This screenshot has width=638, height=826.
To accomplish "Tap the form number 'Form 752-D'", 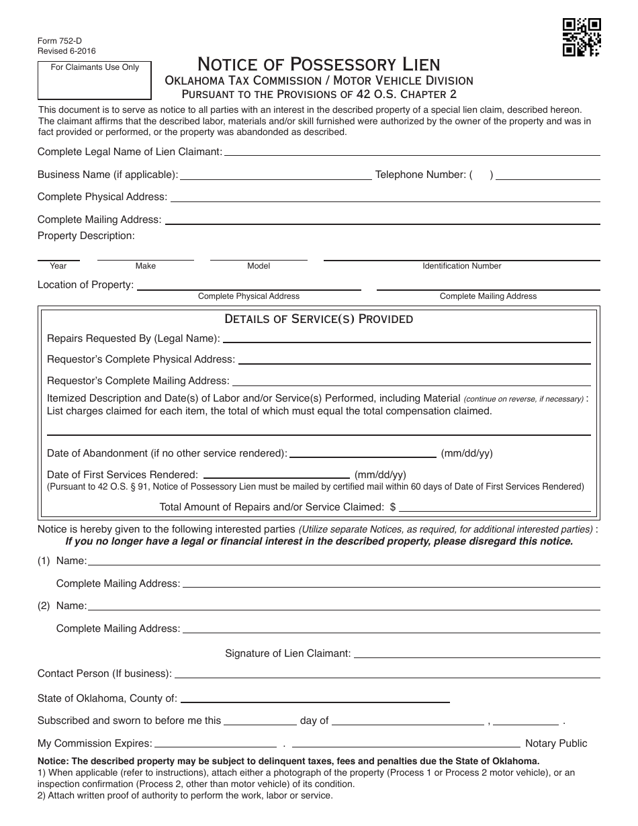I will pos(60,40).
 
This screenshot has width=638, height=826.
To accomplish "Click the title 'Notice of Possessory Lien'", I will pos(319,64).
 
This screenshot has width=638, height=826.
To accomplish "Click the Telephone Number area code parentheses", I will pos(482,175).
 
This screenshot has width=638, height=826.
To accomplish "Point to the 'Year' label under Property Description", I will pos(58,266).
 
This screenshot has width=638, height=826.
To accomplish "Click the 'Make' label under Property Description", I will pos(146,266).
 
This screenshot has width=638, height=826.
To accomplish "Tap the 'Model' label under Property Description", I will pos(259,266).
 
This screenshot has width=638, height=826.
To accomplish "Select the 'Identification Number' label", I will pos(462,266).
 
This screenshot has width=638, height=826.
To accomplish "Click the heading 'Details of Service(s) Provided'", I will pos(319,319).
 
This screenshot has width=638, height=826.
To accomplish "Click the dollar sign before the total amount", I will pos(393,507).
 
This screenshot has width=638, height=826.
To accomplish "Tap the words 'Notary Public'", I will pos(556,743).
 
